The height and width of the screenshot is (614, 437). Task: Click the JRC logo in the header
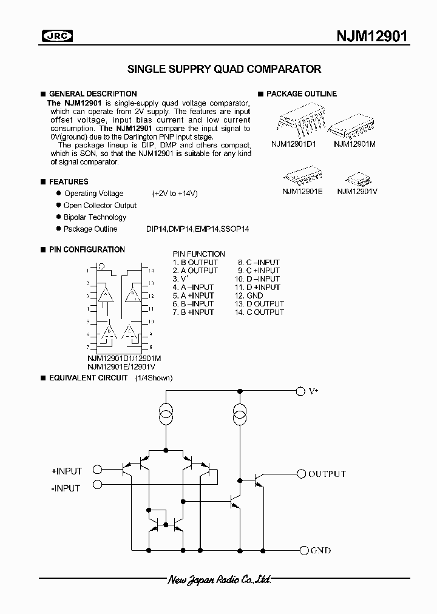(56, 36)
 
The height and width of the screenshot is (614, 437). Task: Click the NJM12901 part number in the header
(372, 36)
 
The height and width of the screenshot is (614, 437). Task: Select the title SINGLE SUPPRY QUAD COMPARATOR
(224, 69)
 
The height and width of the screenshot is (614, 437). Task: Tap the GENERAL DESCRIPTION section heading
(92, 94)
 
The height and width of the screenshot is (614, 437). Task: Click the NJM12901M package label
(354, 144)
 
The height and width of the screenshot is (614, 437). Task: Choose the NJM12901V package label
(357, 191)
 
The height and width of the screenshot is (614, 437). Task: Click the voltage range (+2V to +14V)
(175, 194)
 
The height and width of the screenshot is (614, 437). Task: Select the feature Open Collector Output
(100, 206)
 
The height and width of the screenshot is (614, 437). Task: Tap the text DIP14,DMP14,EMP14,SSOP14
(197, 229)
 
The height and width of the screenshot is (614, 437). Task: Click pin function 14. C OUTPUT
(259, 312)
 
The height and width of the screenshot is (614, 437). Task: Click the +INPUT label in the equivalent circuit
(67, 470)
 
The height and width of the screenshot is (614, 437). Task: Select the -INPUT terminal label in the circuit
(66, 488)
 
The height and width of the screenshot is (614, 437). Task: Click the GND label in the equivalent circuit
(320, 551)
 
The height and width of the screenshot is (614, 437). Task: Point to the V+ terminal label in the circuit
(314, 392)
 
